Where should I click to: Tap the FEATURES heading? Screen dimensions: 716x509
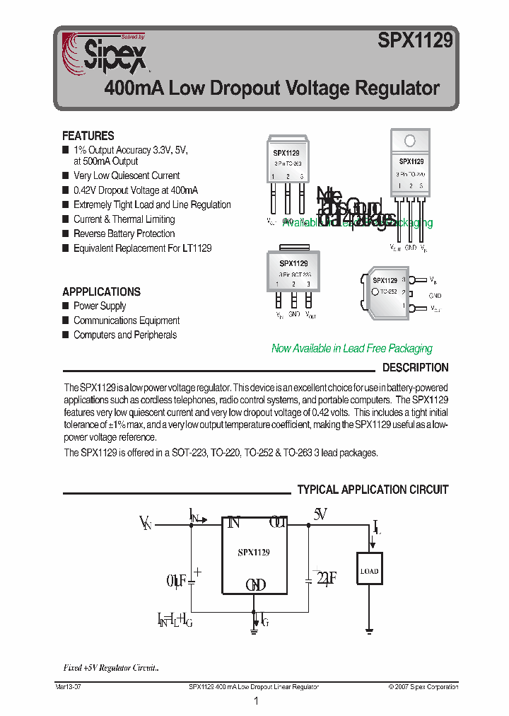tap(88, 136)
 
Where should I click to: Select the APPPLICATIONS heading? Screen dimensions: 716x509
tap(101, 291)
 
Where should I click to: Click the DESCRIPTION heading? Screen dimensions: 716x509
tap(415, 368)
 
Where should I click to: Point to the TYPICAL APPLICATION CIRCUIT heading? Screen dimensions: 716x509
tap(373, 490)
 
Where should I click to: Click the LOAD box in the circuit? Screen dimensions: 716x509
tap(369, 570)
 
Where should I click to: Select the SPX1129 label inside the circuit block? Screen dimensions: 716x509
tap(253, 552)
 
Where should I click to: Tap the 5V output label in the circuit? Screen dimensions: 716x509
tap(320, 515)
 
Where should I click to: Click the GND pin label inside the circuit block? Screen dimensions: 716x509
tap(255, 585)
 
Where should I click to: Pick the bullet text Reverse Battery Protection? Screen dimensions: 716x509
tap(124, 233)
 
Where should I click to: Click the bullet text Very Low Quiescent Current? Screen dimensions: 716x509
tap(127, 175)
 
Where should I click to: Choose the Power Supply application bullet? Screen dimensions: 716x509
tap(100, 306)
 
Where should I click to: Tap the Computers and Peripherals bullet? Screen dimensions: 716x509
tap(125, 335)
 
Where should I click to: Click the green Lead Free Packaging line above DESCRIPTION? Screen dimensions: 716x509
tap(351, 348)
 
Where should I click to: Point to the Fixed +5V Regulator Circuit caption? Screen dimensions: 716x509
tap(111, 668)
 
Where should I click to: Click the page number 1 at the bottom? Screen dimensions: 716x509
tap(256, 701)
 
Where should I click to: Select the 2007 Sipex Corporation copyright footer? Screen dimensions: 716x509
tap(423, 687)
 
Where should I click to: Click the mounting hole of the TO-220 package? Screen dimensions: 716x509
tap(410, 140)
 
